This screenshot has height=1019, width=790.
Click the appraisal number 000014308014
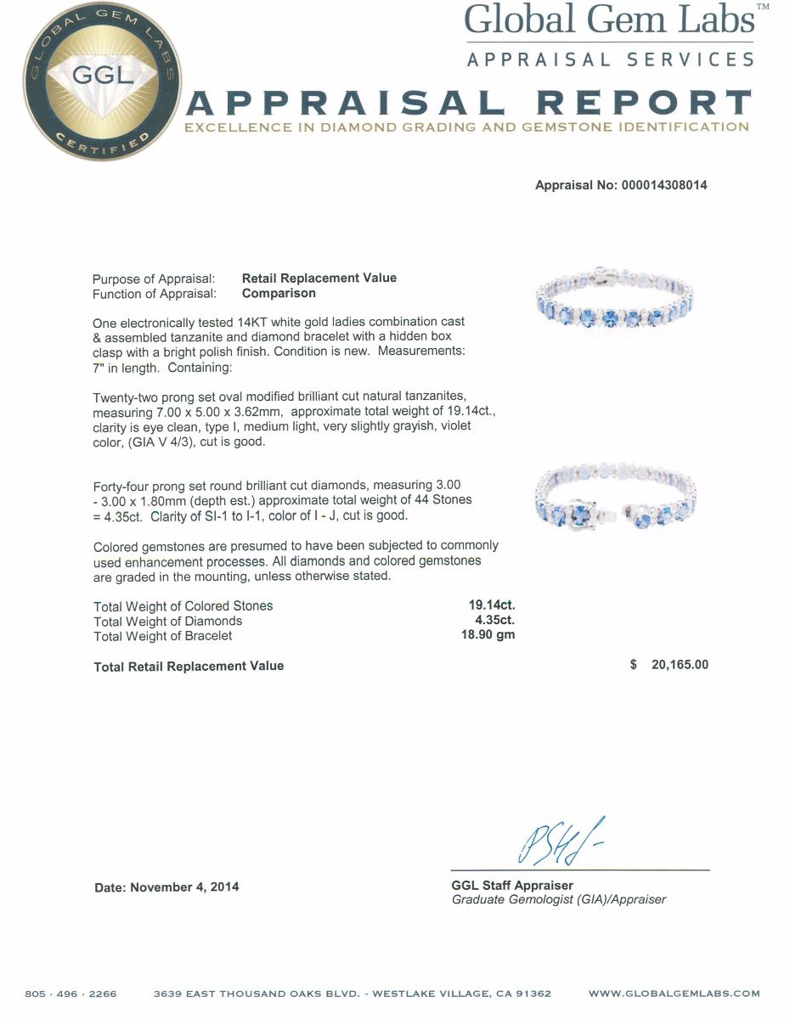point(658,185)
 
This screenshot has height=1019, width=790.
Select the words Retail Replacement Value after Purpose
point(319,278)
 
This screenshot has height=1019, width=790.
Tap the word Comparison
point(279,293)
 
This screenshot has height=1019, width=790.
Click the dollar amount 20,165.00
point(679,666)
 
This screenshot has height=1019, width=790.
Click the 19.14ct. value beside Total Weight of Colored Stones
point(492,605)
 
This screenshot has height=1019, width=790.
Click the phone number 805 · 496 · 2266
point(71,994)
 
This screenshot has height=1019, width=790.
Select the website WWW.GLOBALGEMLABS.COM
point(674,994)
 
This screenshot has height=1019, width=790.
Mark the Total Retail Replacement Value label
point(189,667)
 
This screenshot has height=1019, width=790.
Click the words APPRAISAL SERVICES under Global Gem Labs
point(610,59)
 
